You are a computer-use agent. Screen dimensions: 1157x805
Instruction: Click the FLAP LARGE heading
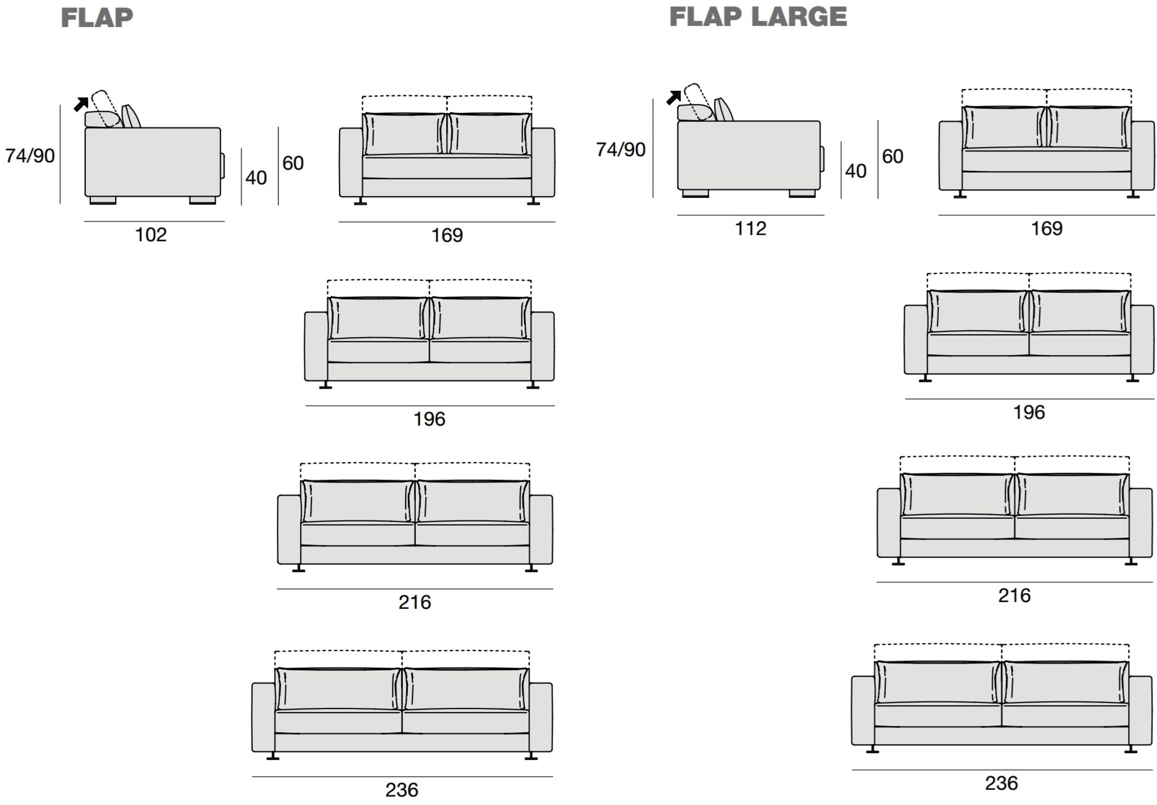click(x=758, y=17)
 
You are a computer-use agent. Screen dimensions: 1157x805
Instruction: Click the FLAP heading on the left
click(x=97, y=18)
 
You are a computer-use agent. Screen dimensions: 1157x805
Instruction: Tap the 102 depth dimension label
click(x=151, y=235)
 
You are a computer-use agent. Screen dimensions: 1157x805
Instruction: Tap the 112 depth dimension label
click(x=750, y=228)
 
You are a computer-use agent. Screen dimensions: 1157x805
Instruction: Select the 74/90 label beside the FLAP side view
click(x=30, y=156)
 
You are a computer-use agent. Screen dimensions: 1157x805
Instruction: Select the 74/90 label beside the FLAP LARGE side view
click(x=621, y=150)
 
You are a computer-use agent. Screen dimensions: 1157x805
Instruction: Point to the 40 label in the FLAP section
click(x=256, y=178)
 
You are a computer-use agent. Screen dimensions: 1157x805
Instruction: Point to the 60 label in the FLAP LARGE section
click(x=893, y=156)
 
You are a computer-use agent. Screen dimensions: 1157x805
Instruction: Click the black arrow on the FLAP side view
click(x=81, y=104)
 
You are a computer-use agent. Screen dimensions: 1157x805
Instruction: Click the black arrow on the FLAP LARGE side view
click(x=673, y=98)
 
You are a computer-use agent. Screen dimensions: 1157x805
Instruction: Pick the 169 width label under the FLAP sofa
click(x=447, y=235)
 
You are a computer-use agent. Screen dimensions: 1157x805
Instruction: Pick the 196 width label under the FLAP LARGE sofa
click(x=1029, y=412)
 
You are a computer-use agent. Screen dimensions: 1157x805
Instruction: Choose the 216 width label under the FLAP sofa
click(x=415, y=603)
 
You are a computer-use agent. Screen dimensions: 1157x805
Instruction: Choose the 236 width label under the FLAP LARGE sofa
click(x=1001, y=784)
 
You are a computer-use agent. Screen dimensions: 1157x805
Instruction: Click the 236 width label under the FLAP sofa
click(x=402, y=790)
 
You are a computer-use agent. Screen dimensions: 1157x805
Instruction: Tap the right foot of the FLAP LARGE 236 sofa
click(x=1130, y=749)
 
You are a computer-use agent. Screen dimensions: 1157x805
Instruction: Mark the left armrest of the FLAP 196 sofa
click(x=316, y=346)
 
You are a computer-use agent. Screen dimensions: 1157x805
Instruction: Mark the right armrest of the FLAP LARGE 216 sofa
click(x=1141, y=523)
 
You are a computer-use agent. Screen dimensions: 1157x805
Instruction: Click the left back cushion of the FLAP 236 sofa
click(x=338, y=689)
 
